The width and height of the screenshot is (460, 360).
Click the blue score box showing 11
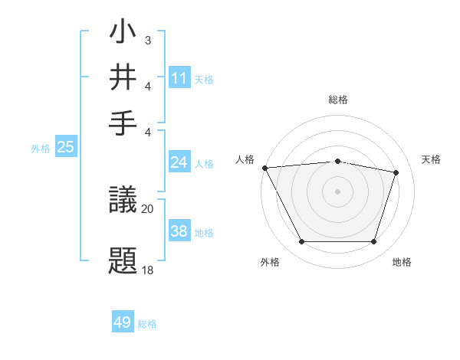click(x=179, y=78)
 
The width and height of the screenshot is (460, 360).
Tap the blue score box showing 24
click(x=179, y=162)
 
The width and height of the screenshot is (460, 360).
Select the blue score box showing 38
click(x=179, y=231)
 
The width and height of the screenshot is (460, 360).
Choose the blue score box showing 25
click(x=65, y=147)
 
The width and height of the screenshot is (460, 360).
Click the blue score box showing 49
click(x=123, y=322)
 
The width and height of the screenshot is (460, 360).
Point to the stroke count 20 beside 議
click(x=148, y=208)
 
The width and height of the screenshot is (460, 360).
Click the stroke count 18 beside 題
click(x=148, y=270)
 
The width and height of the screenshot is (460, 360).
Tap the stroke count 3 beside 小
click(x=148, y=40)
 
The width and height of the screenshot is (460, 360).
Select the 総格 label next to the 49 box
click(x=148, y=324)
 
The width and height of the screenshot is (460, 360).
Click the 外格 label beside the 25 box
click(x=41, y=149)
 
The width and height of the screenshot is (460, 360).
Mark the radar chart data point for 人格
click(x=264, y=168)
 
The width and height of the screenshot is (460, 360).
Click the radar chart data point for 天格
click(x=396, y=172)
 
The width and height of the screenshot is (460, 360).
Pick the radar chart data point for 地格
click(x=373, y=242)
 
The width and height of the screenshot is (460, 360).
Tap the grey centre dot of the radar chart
click(x=337, y=191)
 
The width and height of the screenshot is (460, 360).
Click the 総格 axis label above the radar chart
click(x=337, y=100)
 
